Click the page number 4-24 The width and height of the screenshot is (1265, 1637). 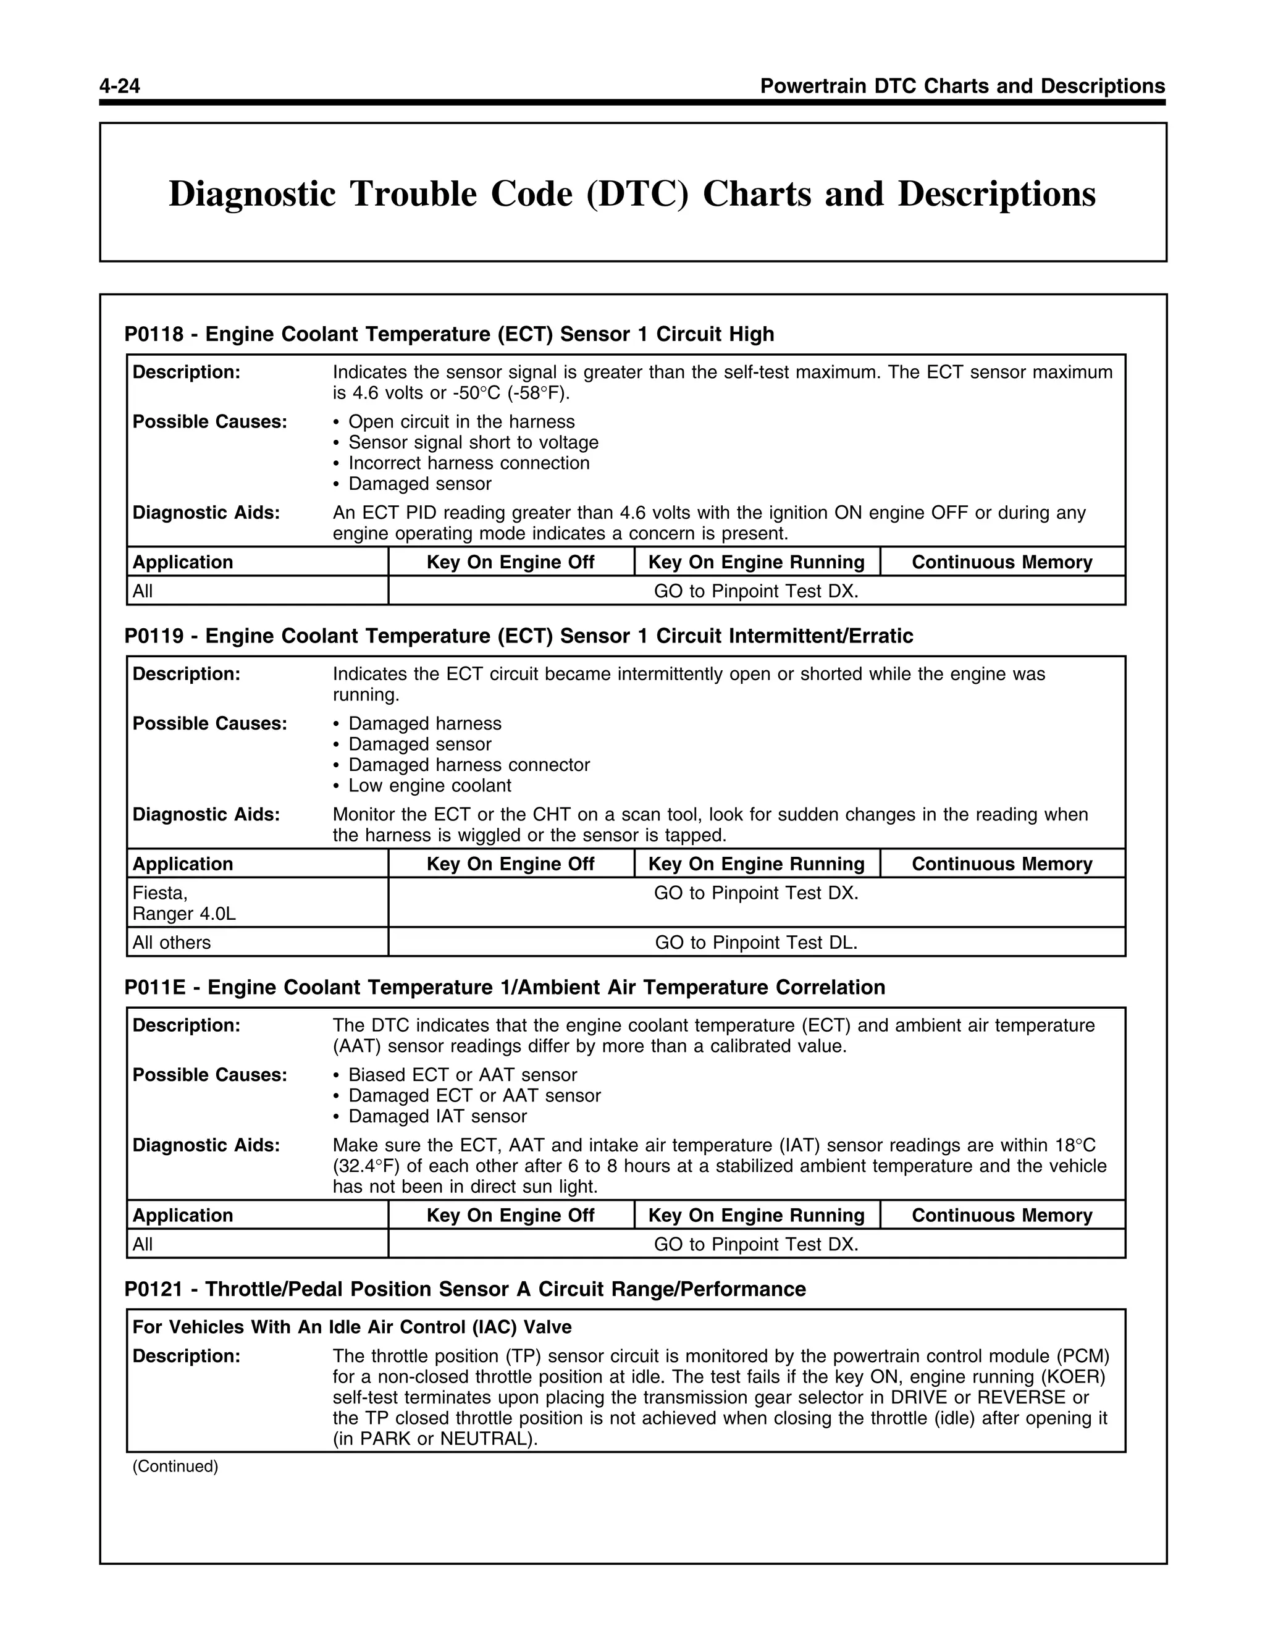coord(120,86)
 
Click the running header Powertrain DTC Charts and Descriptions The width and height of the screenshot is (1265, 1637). coord(962,86)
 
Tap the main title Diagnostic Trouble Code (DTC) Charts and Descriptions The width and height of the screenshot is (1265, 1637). coord(632,193)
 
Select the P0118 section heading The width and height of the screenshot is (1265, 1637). coord(449,334)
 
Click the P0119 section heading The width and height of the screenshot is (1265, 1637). coord(519,636)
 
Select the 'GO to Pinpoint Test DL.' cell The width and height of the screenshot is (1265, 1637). coord(756,943)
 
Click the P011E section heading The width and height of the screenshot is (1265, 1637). coord(505,988)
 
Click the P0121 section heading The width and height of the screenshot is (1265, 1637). coord(464,1289)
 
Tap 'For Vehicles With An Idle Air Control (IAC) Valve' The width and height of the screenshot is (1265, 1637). coord(351,1328)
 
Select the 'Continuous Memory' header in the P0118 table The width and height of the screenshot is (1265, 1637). coord(1002,562)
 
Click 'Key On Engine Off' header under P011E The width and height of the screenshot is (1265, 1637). coord(510,1215)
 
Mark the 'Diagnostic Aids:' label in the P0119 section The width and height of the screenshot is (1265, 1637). coord(206,815)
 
